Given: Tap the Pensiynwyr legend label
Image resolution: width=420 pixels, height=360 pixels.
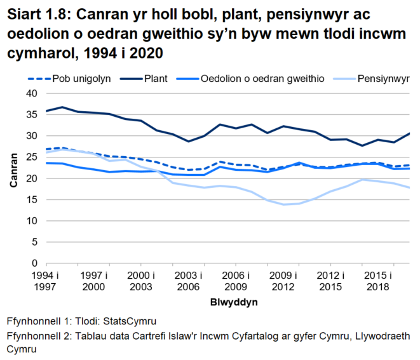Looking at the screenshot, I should pyautogui.click(x=383, y=79).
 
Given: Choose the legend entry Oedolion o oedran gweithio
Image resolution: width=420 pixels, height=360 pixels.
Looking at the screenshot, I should pyautogui.click(x=263, y=79).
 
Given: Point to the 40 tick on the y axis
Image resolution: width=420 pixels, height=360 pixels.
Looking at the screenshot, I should pyautogui.click(x=27, y=93).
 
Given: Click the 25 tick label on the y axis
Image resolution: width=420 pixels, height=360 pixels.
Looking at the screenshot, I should pyautogui.click(x=27, y=157).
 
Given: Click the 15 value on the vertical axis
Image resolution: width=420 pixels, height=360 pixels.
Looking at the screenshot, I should pyautogui.click(x=27, y=199).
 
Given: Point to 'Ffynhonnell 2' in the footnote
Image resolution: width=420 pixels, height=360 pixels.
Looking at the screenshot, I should pyautogui.click(x=36, y=336).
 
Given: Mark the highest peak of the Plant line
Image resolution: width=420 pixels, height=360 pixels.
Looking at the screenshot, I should pyautogui.click(x=62, y=107).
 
